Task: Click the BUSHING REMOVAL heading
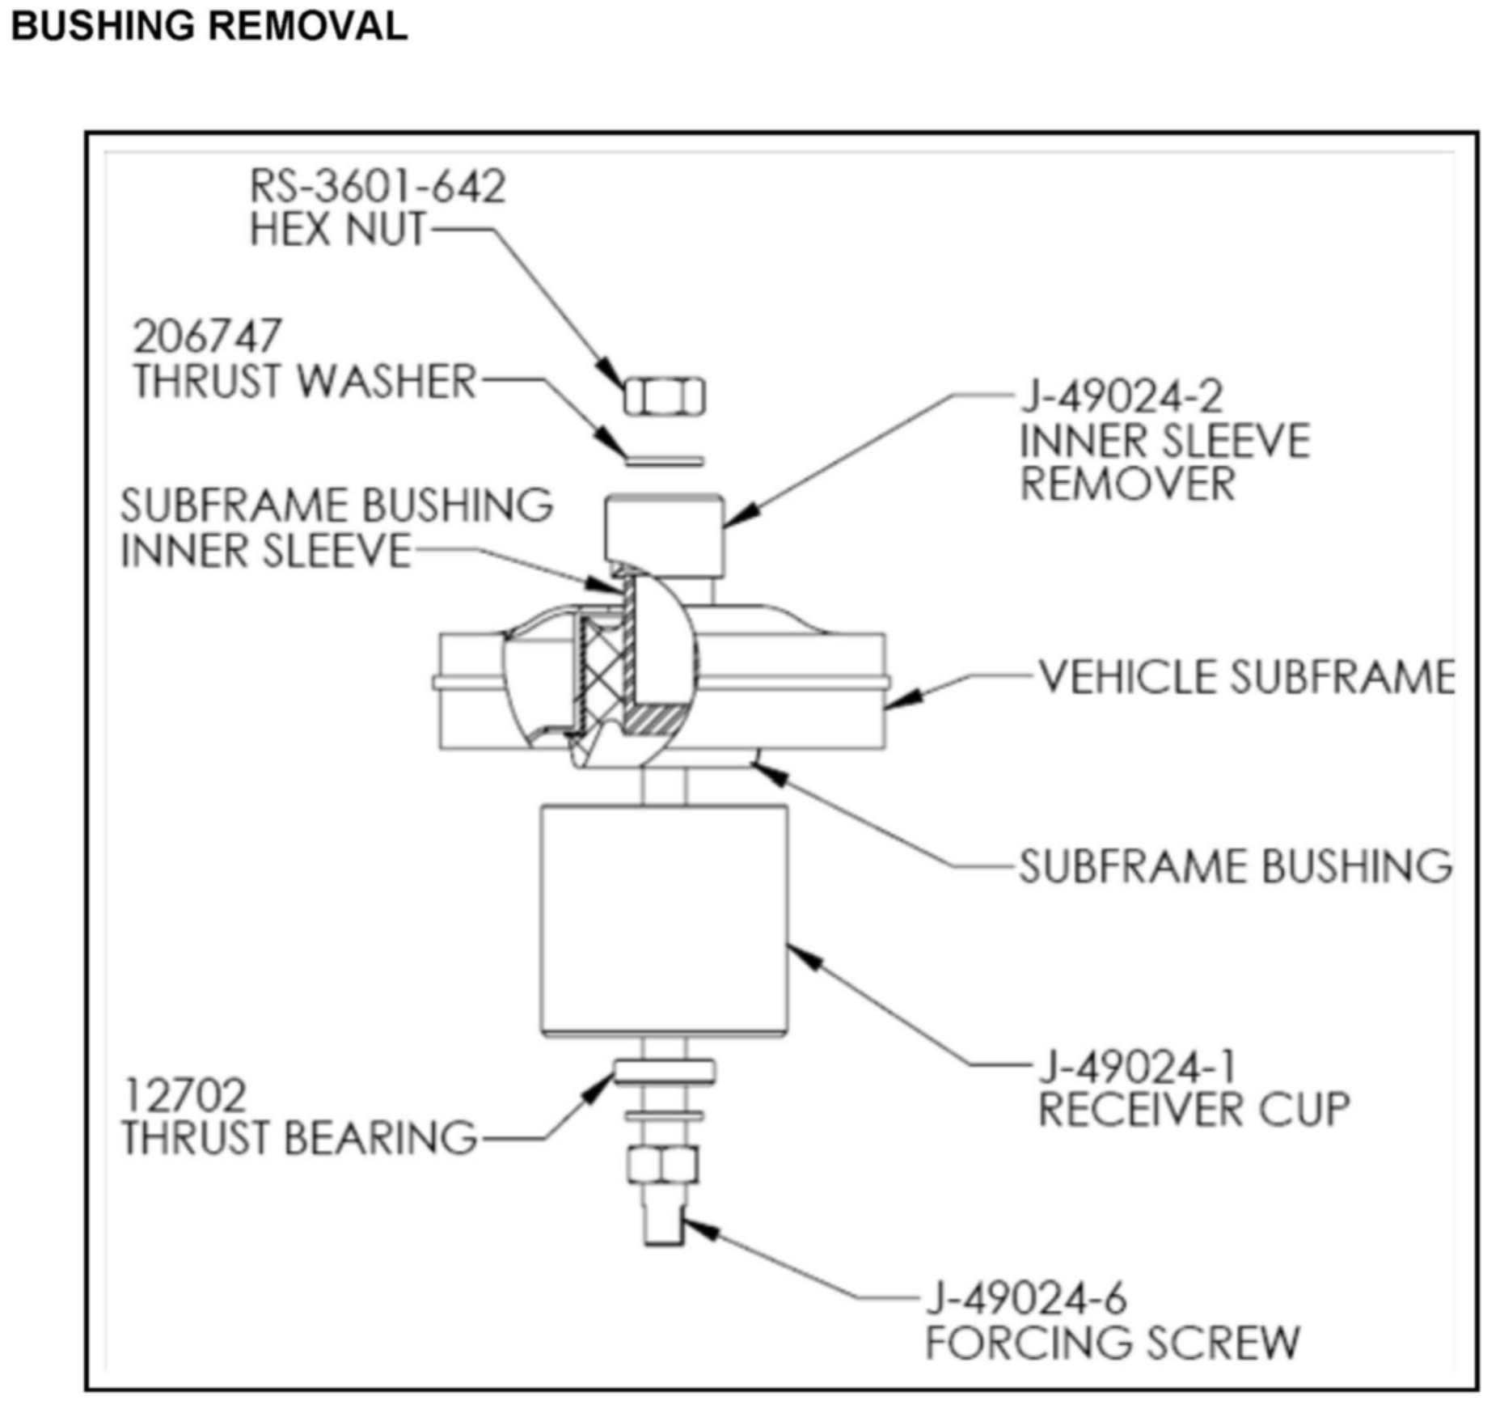(209, 26)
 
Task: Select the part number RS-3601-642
(377, 187)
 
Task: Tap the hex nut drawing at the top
(664, 396)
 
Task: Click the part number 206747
(207, 336)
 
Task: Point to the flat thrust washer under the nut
(665, 461)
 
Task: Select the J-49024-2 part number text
(1122, 396)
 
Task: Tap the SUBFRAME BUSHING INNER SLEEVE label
(336, 528)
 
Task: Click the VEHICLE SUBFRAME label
(1246, 677)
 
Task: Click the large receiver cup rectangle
(664, 920)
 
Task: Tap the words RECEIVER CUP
(1194, 1109)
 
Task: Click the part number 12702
(184, 1096)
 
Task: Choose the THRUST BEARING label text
(299, 1137)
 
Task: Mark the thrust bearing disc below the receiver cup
(664, 1072)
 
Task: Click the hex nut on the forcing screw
(662, 1166)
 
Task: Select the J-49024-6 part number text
(1025, 1299)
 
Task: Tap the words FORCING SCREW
(1112, 1343)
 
